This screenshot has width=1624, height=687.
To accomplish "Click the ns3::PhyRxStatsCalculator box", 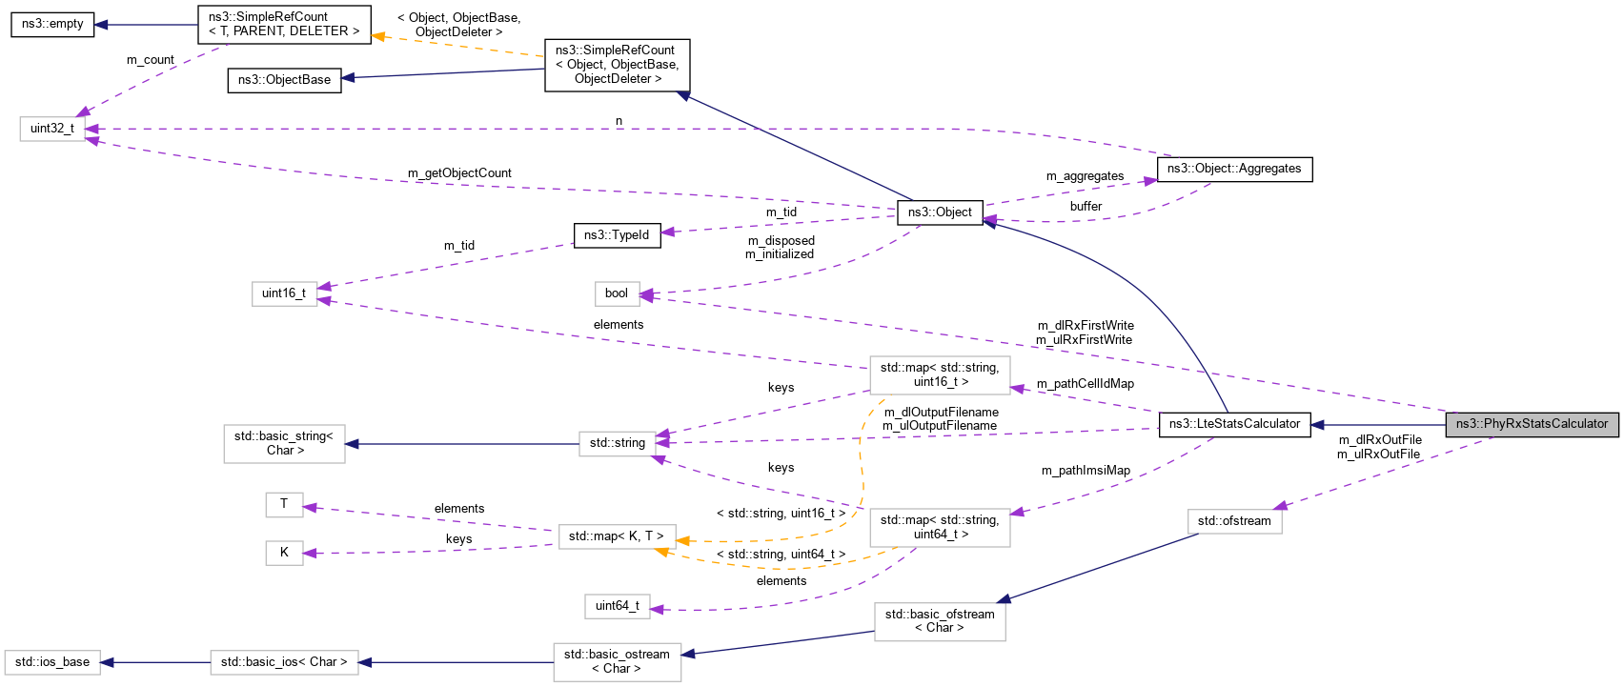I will click(x=1531, y=425).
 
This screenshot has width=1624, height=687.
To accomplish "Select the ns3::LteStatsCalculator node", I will click(x=1234, y=425).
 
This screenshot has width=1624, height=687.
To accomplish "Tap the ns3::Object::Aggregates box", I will click(x=1234, y=169).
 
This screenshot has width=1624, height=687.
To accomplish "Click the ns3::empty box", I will click(x=52, y=24).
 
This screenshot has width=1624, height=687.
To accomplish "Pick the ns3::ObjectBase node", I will click(x=284, y=80).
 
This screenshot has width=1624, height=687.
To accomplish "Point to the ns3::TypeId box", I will click(x=617, y=235).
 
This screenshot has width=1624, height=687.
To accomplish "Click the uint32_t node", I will click(x=52, y=129).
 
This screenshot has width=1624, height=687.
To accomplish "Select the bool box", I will click(x=617, y=293).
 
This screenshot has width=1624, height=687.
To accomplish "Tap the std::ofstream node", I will click(x=1234, y=521).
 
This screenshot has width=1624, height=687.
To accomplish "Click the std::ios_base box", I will click(x=52, y=662).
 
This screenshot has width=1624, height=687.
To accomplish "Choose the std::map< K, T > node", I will click(x=617, y=536).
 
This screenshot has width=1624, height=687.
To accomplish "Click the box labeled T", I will click(x=284, y=504).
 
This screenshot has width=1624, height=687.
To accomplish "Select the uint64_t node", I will click(x=617, y=606).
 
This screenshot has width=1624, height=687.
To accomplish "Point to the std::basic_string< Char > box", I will click(x=284, y=443).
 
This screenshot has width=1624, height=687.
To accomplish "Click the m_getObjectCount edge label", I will click(x=459, y=173).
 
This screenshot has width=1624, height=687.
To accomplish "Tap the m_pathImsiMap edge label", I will click(x=1086, y=471).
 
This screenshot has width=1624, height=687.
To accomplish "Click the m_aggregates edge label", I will click(x=1085, y=176).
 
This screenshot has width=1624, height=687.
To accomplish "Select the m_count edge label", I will click(x=151, y=60).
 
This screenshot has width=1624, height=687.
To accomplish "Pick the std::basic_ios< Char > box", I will click(x=284, y=662).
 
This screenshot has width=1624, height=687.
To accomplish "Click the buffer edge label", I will click(x=1086, y=207).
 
